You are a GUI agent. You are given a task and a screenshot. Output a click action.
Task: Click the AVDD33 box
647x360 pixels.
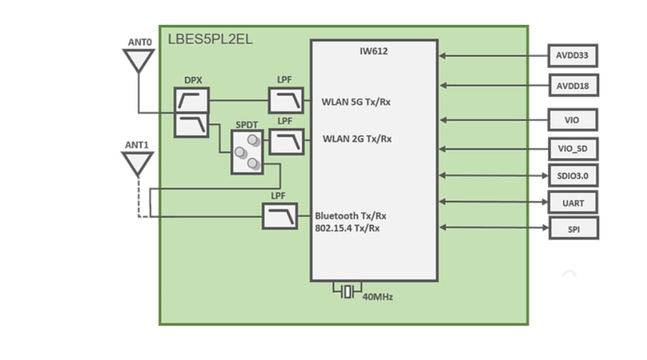pos(572,56)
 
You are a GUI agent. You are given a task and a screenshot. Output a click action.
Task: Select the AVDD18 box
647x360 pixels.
pos(572,86)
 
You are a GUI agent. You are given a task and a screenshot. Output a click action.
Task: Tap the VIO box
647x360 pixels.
pos(572,121)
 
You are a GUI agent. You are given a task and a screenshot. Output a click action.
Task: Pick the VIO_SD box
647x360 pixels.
pos(572,148)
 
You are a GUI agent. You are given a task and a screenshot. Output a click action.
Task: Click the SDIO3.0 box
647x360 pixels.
pos(572,176)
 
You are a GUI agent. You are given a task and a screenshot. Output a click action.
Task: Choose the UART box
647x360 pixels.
pos(572,202)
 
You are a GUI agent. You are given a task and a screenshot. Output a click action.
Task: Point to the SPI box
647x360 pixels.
pos(572,229)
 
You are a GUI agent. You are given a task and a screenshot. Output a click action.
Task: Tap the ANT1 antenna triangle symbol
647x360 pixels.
pos(137,163)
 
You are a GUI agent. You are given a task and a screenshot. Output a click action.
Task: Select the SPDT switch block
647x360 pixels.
pos(247,152)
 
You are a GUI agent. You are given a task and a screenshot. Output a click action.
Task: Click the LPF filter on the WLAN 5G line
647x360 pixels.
pos(286,101)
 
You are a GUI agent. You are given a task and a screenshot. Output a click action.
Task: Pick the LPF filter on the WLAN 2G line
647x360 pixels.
pos(286,141)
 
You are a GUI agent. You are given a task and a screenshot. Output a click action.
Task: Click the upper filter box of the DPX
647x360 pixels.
pos(192,101)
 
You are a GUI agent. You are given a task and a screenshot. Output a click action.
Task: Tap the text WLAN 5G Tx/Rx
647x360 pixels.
pos(357,103)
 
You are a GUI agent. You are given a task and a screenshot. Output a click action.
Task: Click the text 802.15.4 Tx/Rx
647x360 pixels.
pos(347,228)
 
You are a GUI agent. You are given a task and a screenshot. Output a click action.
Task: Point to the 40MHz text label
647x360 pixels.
pos(377,296)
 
